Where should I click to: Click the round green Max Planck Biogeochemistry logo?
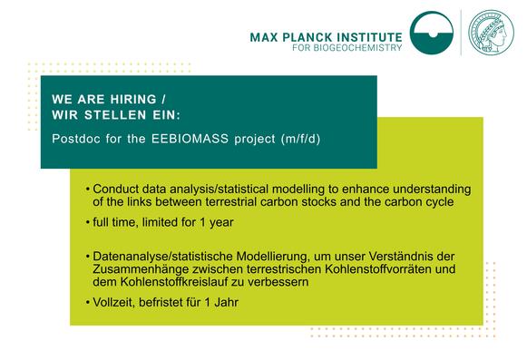point(432,33)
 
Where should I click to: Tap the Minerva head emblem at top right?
point(490,33)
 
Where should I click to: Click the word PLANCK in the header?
point(307,36)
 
